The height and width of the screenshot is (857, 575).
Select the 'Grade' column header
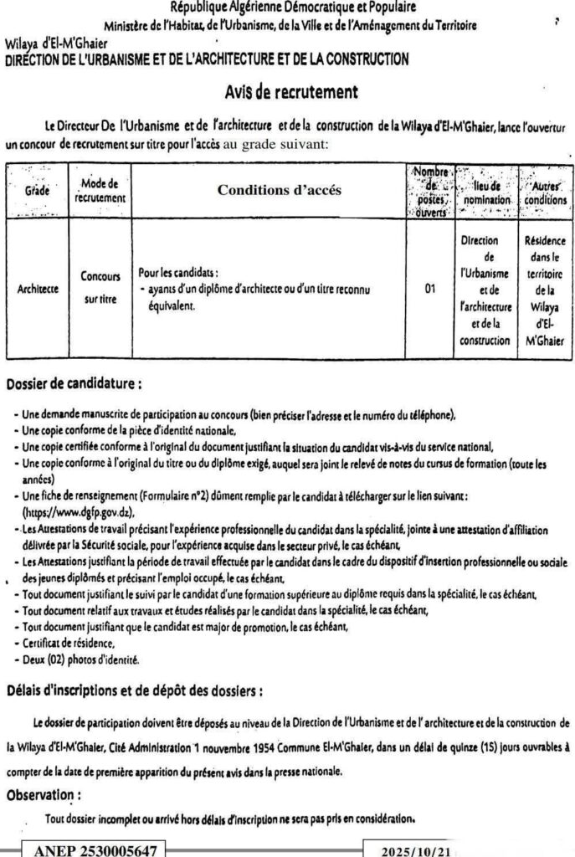click(37, 191)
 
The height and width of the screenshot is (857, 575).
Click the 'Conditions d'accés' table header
click(280, 191)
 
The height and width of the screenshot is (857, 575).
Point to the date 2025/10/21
click(415, 849)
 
